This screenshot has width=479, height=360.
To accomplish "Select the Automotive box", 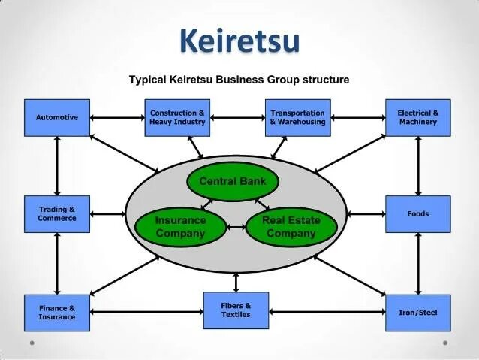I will point(57,117).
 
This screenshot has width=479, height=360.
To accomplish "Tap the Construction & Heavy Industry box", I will point(177,117).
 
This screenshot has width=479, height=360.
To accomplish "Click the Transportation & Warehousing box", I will point(297,117).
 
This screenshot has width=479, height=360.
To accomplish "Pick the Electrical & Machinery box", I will point(418,117).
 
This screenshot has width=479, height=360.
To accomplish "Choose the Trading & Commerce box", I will point(57,214).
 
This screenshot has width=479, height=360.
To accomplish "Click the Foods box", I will point(418,214).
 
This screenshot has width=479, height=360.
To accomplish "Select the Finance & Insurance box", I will point(57,312).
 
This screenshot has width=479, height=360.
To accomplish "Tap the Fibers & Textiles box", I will point(236,310).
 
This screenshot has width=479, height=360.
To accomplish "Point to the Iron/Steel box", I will point(418,312).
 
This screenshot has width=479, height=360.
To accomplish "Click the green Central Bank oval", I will point(232,181).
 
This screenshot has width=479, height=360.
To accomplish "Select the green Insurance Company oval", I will point(180,227).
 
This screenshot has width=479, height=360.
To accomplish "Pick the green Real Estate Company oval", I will point(291,227).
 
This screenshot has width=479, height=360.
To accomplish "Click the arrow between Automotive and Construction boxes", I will point(117,117).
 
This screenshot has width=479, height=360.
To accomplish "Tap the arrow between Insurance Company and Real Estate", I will point(236,227).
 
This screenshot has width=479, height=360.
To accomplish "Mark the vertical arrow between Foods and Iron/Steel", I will point(418,263).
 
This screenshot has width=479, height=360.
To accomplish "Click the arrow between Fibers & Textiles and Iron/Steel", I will point(327,311).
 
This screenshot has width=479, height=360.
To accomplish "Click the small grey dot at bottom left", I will point(32,343).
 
